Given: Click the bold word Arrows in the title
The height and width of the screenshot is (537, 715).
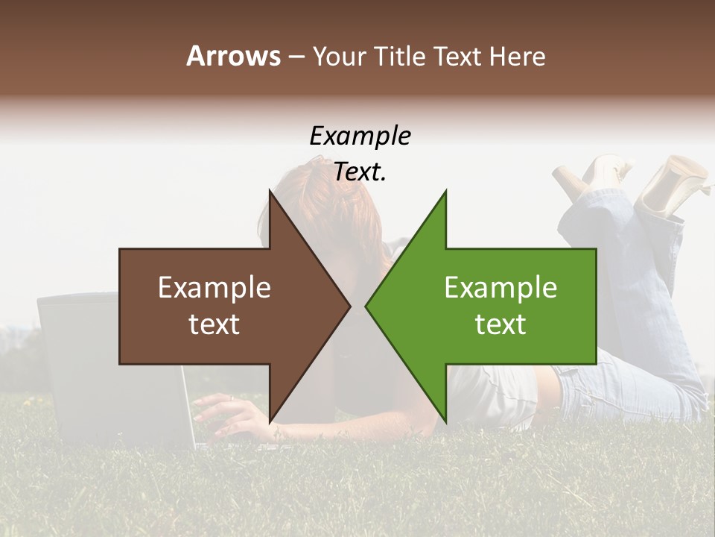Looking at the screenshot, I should [x=233, y=56].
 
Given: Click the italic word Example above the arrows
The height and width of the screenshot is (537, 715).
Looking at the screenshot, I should [x=360, y=136].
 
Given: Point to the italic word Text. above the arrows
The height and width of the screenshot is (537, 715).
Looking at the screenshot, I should [x=360, y=172].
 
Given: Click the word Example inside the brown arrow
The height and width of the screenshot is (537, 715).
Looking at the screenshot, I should [x=214, y=288].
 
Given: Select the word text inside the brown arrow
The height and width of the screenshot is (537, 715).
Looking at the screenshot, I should [x=214, y=324].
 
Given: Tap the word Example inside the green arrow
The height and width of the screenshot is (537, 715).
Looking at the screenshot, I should [x=500, y=288].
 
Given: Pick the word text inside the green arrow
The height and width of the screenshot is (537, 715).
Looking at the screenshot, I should [x=500, y=324].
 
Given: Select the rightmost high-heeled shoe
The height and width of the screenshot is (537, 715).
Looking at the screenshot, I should [x=674, y=183].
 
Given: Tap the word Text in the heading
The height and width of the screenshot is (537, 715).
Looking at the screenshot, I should [x=459, y=56].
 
